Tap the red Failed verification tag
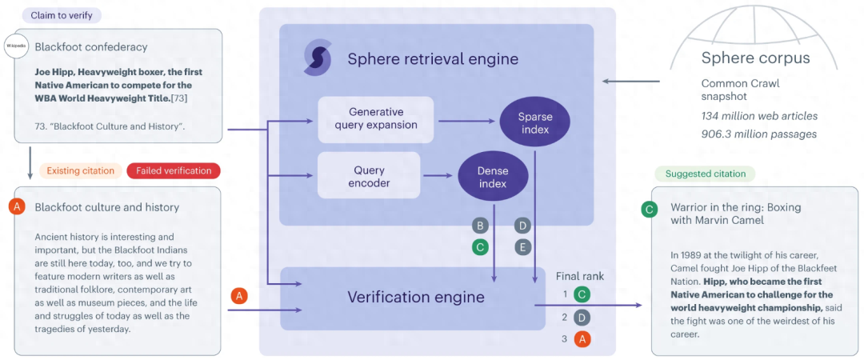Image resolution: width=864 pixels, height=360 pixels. [x=174, y=170]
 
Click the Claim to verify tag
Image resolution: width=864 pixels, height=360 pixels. [x=61, y=15]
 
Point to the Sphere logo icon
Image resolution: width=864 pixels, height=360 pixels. [x=318, y=58]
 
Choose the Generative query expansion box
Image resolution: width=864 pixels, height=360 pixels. [x=376, y=118]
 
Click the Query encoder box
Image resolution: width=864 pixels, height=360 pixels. [x=369, y=175]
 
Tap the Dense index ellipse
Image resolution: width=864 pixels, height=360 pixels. [x=493, y=176]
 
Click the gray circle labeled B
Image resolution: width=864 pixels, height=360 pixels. [x=480, y=226]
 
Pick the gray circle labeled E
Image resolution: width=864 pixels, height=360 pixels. [x=522, y=247]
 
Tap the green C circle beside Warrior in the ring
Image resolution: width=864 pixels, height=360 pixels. [x=651, y=210]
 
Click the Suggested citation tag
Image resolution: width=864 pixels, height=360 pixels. [x=705, y=174]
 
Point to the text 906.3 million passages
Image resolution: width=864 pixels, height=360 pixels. [x=759, y=134]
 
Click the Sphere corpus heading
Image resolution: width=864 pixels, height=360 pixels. [x=755, y=58]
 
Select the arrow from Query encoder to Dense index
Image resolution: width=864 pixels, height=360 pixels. [x=437, y=175]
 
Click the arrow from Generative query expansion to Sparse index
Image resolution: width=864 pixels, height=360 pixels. [x=467, y=122]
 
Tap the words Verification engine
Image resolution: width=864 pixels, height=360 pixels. [x=415, y=298]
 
